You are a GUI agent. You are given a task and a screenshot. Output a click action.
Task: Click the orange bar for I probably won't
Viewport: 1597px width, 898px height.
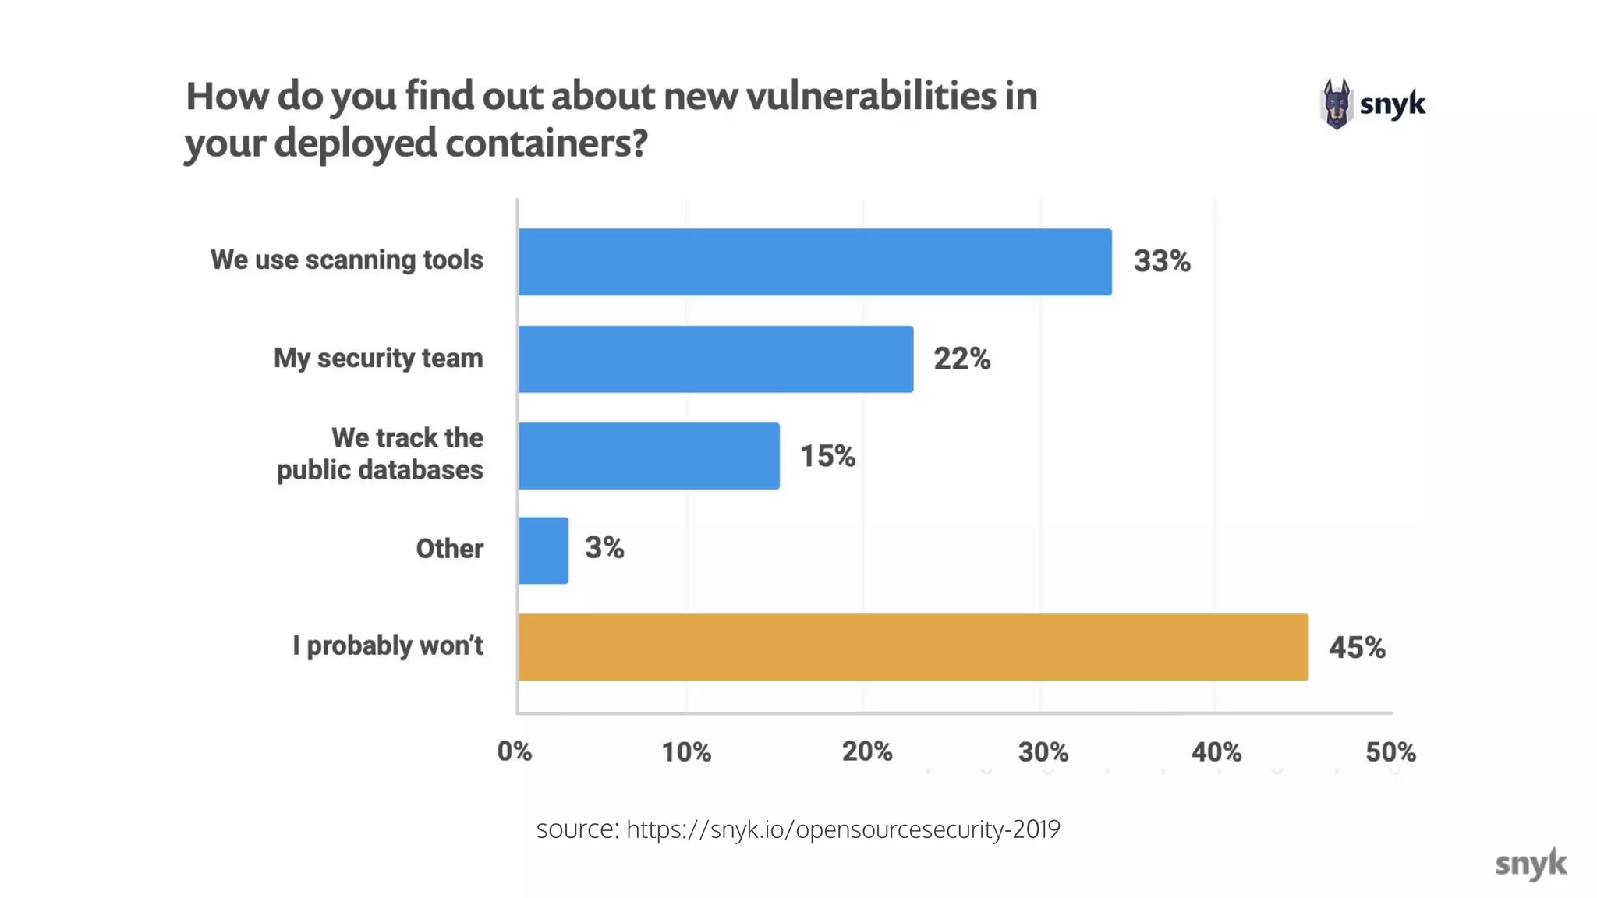pos(912,647)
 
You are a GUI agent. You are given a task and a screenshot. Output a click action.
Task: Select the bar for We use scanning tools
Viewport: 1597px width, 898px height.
pos(815,262)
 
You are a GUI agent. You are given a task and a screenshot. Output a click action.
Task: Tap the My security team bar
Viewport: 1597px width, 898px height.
pos(715,359)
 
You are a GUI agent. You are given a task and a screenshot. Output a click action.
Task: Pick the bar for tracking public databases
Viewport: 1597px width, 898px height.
pos(649,456)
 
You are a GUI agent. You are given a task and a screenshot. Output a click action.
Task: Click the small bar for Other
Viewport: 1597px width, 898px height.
pos(544,550)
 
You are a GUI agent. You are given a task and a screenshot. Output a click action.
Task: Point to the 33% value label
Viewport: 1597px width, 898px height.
pos(1161,262)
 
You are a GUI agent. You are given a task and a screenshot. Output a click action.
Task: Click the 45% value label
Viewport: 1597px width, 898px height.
pos(1357,648)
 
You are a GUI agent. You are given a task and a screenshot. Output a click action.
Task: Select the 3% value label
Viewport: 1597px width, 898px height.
pos(604,548)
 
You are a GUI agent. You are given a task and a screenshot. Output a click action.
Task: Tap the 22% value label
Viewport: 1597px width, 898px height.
pos(961,359)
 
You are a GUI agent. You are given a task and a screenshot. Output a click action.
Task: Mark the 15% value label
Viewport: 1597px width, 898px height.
pos(827,457)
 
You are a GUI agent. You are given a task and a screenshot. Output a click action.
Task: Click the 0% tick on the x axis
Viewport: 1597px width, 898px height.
pos(515,752)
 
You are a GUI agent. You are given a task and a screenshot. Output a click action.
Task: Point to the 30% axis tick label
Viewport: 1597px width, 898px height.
pos(1043,752)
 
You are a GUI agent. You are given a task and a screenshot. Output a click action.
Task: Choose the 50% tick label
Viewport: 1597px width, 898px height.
pos(1390,752)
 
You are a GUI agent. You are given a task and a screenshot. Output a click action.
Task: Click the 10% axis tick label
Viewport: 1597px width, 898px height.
pos(686,752)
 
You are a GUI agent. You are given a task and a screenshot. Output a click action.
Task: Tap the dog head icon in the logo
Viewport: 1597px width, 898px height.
pos(1336,104)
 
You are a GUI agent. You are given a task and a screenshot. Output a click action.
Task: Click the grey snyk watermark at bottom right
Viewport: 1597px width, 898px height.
pos(1530,864)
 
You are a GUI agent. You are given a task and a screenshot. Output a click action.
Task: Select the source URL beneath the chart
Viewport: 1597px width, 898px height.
pos(842,829)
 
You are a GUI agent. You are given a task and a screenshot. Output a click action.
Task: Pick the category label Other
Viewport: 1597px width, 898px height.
pos(449,549)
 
